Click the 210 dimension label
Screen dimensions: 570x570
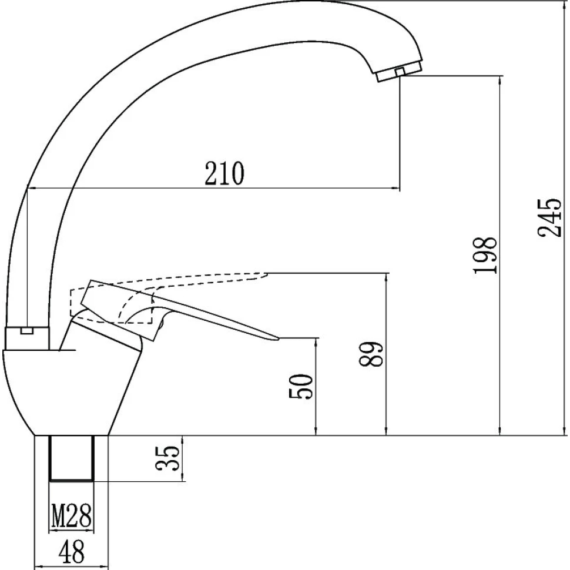tap(224, 173)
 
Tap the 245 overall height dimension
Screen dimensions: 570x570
tap(550, 217)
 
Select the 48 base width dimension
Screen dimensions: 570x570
tap(71, 552)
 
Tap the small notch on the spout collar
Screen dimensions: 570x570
tap(26, 330)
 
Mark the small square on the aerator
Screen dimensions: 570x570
tap(400, 71)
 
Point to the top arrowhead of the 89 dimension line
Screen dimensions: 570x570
tap(387, 276)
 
